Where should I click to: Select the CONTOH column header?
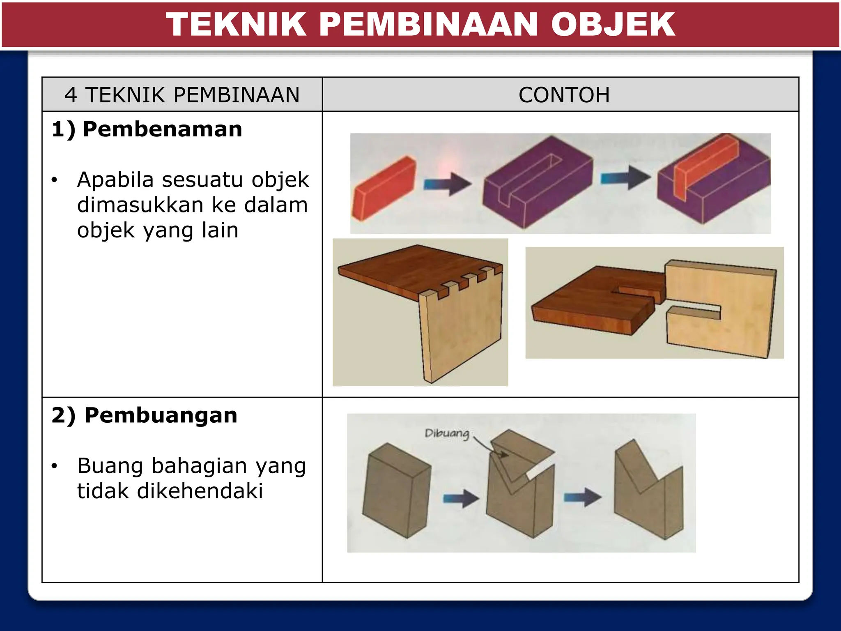(564, 95)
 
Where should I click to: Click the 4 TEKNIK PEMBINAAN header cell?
(182, 95)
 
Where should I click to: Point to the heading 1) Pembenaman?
(147, 129)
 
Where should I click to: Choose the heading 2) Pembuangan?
(145, 415)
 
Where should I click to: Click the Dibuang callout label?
(447, 433)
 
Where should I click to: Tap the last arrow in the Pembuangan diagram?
(582, 498)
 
